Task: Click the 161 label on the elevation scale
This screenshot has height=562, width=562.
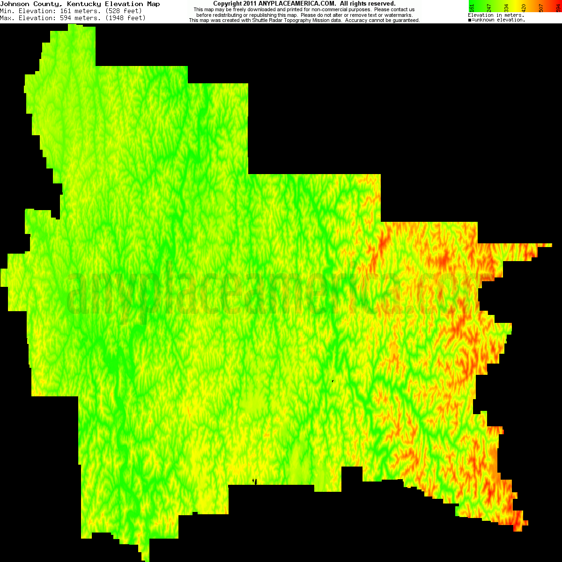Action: tap(472, 7)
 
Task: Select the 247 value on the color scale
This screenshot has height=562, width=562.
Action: tap(489, 7)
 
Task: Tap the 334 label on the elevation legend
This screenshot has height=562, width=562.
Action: tap(507, 7)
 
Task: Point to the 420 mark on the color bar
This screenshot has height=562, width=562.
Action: tap(524, 7)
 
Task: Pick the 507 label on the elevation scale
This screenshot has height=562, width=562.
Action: tap(541, 7)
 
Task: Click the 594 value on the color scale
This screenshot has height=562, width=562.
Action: tap(558, 7)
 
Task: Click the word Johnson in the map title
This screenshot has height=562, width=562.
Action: tap(15, 4)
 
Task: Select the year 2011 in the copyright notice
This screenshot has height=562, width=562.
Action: tap(250, 4)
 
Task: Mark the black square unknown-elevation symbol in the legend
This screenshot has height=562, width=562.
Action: tap(470, 20)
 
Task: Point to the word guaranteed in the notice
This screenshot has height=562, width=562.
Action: tap(405, 21)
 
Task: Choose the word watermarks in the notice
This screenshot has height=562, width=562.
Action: tap(398, 15)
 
